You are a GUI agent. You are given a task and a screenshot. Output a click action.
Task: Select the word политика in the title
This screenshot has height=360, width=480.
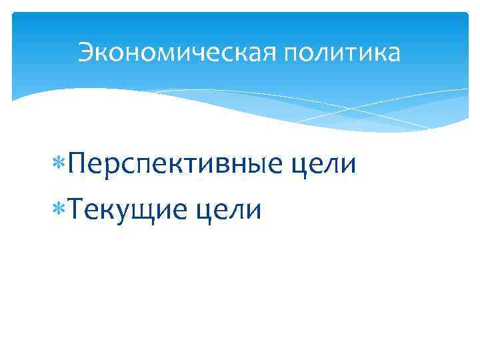coord(343,52)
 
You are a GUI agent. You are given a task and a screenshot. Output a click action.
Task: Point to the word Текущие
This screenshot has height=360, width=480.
coord(126,210)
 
